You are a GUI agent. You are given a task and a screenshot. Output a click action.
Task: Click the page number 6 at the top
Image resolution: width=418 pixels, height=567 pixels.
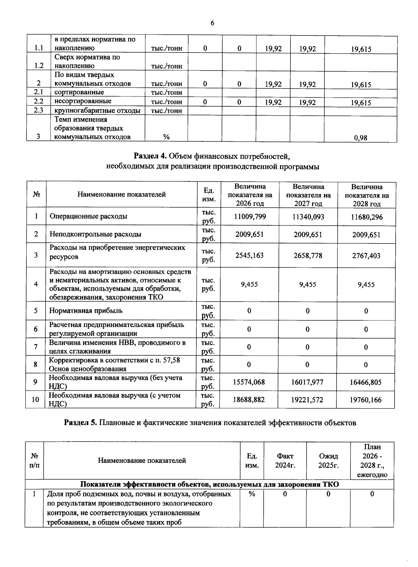pyautogui.click(x=212, y=23)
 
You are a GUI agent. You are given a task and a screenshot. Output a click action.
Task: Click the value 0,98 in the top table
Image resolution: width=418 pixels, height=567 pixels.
pyautogui.click(x=361, y=138)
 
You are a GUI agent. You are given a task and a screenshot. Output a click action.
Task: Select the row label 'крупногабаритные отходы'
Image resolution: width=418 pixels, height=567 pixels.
pyautogui.click(x=98, y=111)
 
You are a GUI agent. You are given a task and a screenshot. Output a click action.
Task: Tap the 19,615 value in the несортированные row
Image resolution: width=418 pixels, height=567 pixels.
pyautogui.click(x=361, y=103)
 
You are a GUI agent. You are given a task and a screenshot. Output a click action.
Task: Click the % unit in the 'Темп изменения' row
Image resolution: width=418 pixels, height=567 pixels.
pyautogui.click(x=167, y=137)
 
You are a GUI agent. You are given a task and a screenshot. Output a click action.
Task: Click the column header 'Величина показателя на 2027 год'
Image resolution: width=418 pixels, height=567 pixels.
pyautogui.click(x=308, y=195)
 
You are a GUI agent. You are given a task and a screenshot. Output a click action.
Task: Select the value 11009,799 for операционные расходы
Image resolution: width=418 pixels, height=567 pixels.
pyautogui.click(x=250, y=217)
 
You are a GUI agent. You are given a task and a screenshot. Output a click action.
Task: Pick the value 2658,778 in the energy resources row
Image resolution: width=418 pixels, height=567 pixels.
pyautogui.click(x=308, y=256)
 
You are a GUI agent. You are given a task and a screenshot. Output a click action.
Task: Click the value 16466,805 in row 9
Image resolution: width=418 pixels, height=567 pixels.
pyautogui.click(x=366, y=382)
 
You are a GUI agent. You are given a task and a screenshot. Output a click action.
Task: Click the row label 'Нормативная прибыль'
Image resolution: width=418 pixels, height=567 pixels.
pyautogui.click(x=86, y=311)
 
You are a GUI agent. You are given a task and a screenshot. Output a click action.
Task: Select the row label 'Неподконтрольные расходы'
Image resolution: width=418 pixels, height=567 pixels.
pyautogui.click(x=95, y=234)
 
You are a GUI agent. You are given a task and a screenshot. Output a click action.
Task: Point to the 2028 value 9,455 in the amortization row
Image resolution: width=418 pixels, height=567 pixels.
pyautogui.click(x=366, y=285)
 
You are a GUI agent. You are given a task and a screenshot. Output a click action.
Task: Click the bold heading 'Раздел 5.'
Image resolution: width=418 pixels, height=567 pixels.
pyautogui.click(x=81, y=423)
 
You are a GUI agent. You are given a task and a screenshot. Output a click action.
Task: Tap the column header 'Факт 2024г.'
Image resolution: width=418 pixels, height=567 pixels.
pyautogui.click(x=285, y=460)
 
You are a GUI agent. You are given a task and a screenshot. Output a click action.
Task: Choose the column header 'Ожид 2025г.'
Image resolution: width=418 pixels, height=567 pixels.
pyautogui.click(x=328, y=460)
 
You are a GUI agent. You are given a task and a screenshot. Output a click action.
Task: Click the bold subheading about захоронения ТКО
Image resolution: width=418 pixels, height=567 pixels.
pyautogui.click(x=209, y=484)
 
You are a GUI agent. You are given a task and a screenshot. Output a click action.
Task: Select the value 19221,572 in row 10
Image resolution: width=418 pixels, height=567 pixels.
pyautogui.click(x=307, y=400)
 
